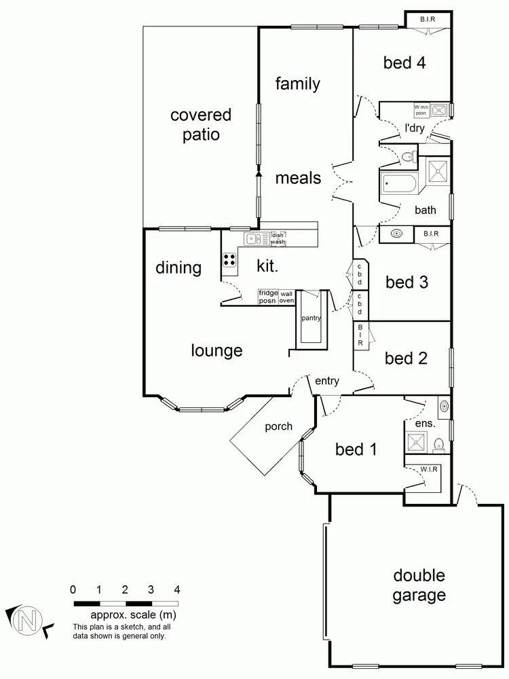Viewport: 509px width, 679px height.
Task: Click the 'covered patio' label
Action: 201,124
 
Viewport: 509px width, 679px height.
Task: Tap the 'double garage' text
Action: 419,585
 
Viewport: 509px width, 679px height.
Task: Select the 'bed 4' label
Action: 404,63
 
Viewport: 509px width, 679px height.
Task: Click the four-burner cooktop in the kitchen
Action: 229,259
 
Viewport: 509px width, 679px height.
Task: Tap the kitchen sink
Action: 255,238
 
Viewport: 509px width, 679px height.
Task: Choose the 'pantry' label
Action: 312,318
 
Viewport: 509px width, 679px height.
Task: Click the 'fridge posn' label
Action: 268,297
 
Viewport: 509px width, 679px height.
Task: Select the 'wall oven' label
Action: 287,297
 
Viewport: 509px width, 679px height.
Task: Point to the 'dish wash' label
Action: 278,238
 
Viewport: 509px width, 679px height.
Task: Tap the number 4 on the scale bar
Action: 177,589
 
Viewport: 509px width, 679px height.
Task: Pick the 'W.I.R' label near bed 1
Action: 427,469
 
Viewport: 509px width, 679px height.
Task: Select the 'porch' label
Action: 278,426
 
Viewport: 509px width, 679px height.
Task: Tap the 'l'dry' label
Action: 414,128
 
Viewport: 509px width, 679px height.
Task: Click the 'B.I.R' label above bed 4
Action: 428,20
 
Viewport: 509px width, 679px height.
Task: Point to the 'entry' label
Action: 326,381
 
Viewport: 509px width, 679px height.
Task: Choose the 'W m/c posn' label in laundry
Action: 421,109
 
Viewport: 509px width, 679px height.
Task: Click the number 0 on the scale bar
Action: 73,589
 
